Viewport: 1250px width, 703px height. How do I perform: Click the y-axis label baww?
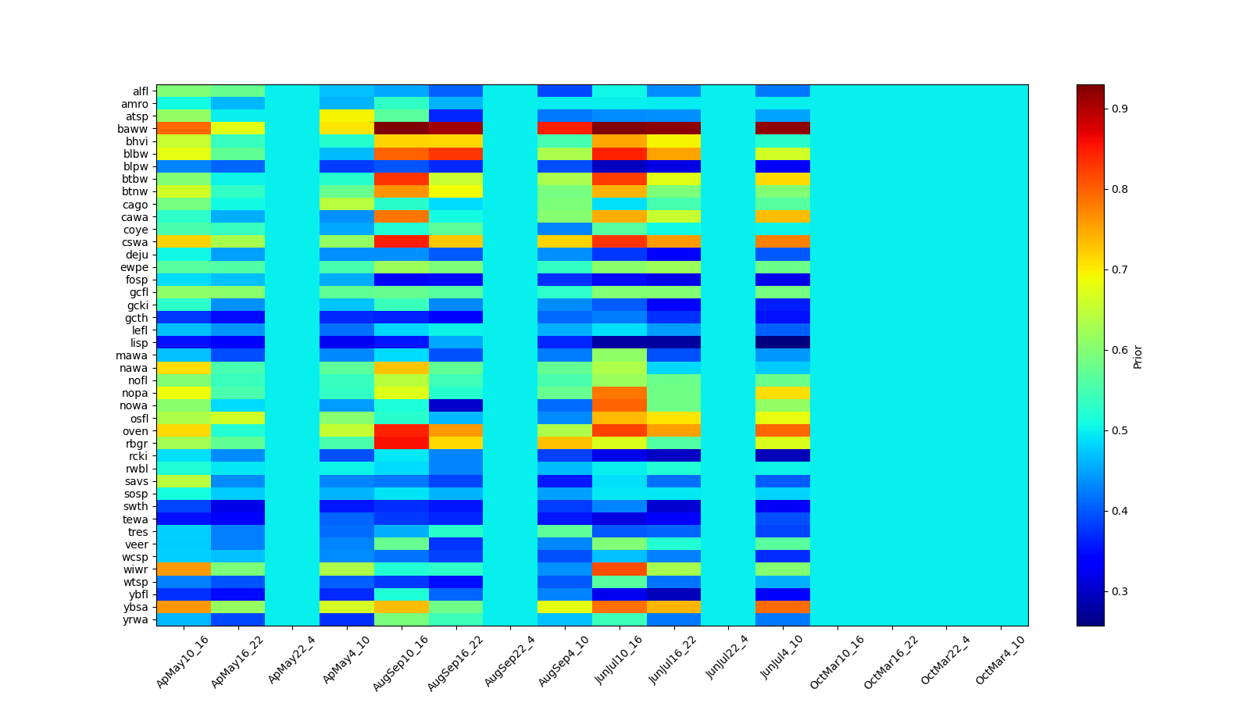[137, 129]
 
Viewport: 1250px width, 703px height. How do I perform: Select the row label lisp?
[139, 343]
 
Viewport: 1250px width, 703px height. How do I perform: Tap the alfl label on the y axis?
[140, 91]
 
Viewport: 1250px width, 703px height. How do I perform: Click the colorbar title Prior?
[1137, 355]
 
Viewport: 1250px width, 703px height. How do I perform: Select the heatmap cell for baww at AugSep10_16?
[402, 129]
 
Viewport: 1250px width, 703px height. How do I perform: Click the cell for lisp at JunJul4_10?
[783, 343]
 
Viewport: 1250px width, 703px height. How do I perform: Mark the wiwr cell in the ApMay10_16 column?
[184, 569]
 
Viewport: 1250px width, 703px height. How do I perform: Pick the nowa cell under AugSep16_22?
[456, 406]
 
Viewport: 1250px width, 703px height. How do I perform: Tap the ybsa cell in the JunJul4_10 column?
[783, 607]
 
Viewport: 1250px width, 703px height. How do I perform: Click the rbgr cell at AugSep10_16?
[402, 444]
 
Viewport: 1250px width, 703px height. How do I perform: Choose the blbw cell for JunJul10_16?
[620, 154]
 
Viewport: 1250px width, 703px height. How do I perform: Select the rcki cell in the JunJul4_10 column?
[783, 456]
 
